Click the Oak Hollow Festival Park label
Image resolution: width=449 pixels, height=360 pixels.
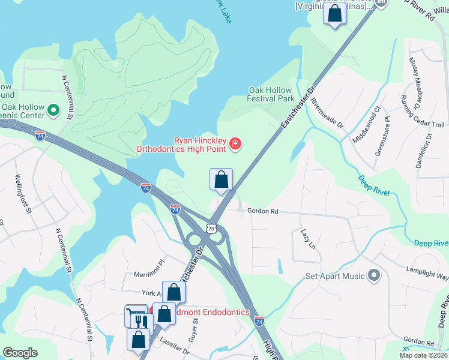(x=271, y=94)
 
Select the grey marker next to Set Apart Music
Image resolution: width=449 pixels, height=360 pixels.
(x=375, y=275)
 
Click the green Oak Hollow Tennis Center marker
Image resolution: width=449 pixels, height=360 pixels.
(x=53, y=110)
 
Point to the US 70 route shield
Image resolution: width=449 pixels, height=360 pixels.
(x=210, y=228)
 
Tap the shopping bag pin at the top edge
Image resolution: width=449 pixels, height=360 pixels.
(x=334, y=13)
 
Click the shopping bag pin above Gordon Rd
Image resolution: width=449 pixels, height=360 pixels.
(x=221, y=179)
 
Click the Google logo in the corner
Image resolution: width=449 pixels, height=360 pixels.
(x=20, y=353)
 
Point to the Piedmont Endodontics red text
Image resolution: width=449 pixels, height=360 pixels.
(x=212, y=312)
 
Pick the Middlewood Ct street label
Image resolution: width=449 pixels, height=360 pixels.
(x=367, y=124)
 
